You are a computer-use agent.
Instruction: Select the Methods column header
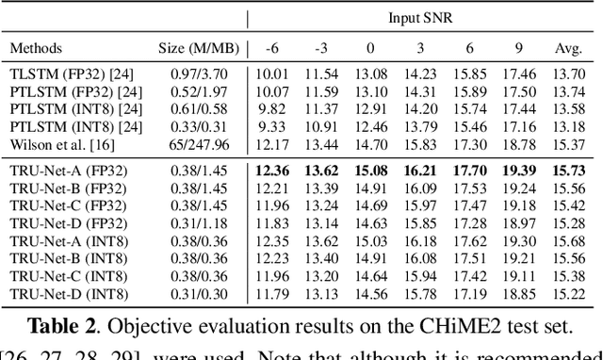pos(37,47)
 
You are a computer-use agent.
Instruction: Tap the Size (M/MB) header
pos(199,47)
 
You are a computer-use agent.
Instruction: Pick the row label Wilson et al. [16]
pos(59,144)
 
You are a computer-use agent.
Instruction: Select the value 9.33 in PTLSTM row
pos(272,127)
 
